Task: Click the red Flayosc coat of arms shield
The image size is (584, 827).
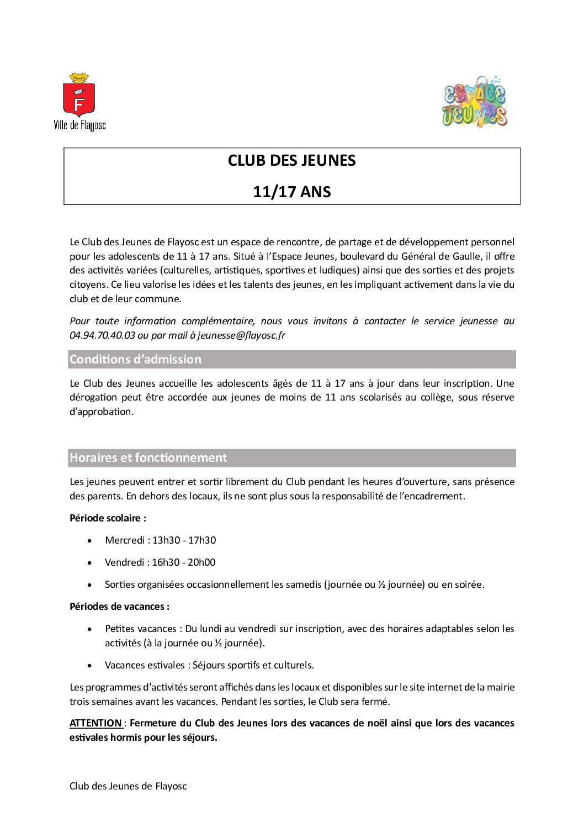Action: [79, 99]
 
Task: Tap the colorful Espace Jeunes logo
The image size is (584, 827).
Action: [475, 102]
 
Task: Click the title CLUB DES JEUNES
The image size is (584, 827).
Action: [291, 161]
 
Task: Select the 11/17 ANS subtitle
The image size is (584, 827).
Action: [291, 192]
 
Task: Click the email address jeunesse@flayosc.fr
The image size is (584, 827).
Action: [241, 335]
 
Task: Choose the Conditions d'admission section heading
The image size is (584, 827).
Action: [135, 360]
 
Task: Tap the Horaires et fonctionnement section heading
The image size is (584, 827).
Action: [148, 458]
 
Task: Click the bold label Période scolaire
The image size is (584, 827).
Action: [108, 518]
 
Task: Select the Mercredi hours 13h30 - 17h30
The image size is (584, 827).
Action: [184, 540]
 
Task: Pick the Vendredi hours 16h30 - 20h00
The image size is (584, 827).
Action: [184, 562]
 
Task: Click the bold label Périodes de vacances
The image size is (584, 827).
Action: [119, 607]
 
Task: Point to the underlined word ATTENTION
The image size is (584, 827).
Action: [96, 723]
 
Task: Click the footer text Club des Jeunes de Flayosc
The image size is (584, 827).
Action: [128, 786]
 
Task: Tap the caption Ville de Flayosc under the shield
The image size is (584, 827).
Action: [79, 125]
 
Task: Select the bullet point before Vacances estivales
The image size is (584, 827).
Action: [90, 666]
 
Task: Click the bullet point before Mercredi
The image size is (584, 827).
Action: [90, 541]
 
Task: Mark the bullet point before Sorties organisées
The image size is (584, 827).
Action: [90, 585]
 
